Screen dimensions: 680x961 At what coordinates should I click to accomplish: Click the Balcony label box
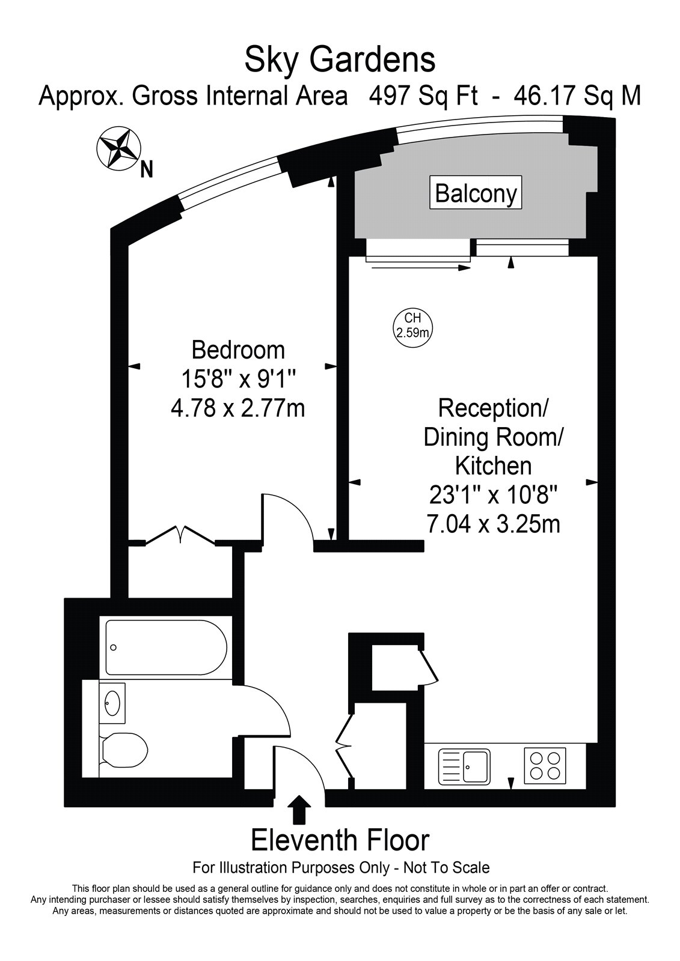pos(476,192)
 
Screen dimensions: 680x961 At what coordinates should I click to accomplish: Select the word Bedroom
pos(238,350)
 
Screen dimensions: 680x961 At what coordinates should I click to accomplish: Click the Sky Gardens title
pos(340,60)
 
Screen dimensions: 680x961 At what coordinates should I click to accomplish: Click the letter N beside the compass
pos(147,171)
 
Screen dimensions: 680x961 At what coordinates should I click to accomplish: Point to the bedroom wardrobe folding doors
pos(180,535)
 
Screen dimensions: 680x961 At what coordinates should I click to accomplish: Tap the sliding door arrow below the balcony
pos(421,268)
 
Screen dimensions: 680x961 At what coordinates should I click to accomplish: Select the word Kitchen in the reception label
pos(494,465)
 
